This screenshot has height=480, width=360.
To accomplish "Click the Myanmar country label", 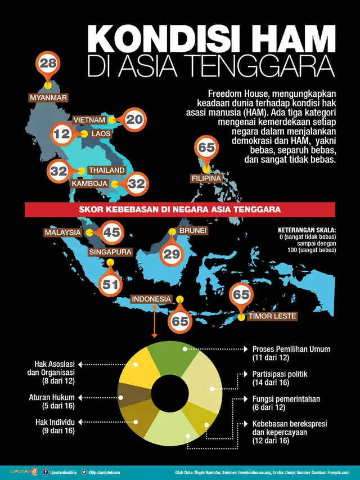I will (48, 97).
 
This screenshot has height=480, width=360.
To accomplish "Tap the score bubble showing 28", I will (48, 64).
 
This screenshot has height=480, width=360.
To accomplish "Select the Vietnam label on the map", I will (89, 120).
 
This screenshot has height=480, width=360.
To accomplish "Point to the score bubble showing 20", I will (134, 119).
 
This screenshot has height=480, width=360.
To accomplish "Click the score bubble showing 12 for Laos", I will (62, 134).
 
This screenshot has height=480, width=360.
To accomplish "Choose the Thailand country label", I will (106, 170).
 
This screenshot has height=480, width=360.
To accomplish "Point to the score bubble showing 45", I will (112, 231).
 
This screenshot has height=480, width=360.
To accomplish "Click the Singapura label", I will (110, 252).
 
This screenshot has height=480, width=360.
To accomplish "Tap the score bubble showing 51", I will (110, 284).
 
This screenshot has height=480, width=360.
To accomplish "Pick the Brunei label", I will (193, 231).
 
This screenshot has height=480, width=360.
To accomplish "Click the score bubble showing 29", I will (171, 254).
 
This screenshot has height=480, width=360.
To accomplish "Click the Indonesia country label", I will (151, 298).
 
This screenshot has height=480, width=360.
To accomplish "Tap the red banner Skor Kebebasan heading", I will (180, 209).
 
